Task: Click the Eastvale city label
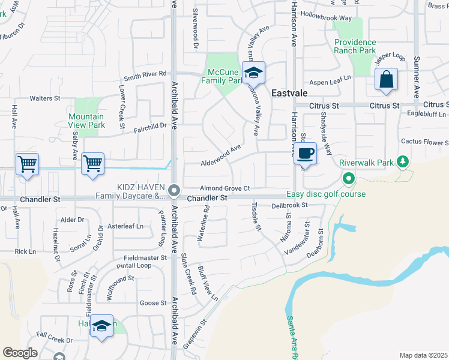point(289,94)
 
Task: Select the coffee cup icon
point(306,154)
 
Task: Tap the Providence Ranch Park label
point(355,46)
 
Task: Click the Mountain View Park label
point(86,121)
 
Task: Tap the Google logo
point(20,353)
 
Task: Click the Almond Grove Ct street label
point(224,188)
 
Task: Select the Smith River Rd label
point(145,76)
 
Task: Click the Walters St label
point(46,98)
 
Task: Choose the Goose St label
point(154,304)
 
